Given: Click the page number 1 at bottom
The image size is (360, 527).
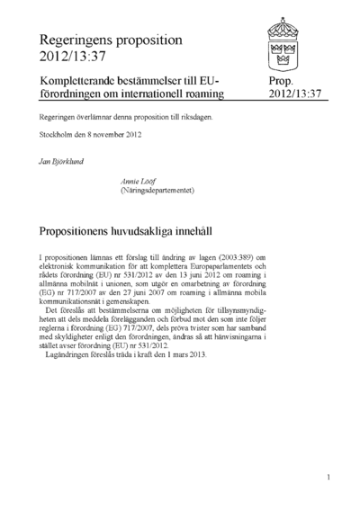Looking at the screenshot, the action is click(x=329, y=478).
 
